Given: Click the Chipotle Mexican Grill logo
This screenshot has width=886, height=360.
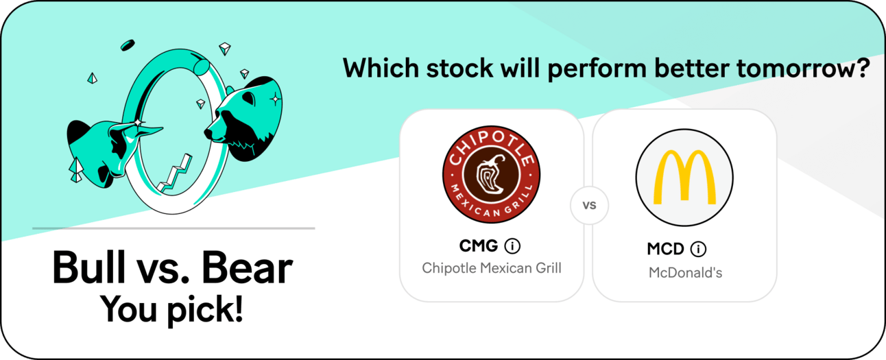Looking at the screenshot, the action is point(491,174).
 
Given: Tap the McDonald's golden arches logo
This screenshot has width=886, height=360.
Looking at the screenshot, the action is point(684,177).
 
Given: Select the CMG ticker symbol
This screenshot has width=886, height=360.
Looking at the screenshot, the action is point(479,246).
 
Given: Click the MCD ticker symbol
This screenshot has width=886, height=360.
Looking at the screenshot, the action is point(665,249).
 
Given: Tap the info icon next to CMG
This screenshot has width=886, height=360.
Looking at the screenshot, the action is point(512,246).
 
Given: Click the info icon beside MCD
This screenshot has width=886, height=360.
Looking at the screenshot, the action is point(698,249).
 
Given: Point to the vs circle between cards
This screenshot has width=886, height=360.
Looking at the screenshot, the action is point(589,205).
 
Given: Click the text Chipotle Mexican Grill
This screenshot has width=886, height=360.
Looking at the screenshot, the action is point(492,268).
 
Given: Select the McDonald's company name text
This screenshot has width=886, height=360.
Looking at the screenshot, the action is point(686,273).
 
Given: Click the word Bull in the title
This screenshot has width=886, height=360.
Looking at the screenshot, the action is point(89,267).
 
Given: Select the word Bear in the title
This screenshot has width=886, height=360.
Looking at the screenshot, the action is point(247,267).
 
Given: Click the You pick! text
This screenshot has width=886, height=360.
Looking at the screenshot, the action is point(171,309).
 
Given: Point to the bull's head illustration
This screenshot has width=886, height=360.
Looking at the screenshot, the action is point(107,150).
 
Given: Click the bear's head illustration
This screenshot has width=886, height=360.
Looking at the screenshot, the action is point(243,119).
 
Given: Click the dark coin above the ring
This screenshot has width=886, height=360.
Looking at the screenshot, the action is point(128,45).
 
